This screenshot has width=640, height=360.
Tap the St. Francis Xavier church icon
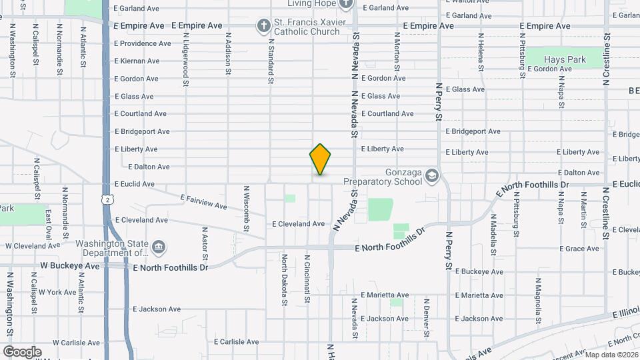click(264, 26)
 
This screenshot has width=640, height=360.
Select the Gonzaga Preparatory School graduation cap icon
click(431, 175)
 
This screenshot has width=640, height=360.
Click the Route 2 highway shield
click(107, 199)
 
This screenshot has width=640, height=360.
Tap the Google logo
click(22, 351)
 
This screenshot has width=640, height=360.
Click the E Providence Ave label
click(142, 43)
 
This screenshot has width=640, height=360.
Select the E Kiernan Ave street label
click(137, 61)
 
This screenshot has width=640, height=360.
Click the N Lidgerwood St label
click(186, 60)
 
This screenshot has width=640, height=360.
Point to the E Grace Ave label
click(580, 249)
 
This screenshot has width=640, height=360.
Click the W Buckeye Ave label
click(69, 266)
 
